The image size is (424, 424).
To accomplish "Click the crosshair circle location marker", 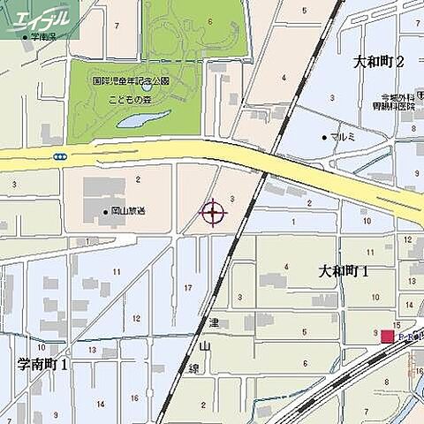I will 213,212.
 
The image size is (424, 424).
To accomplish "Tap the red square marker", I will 387,337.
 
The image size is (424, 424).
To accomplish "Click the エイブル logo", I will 40,17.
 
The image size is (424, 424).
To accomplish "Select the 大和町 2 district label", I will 378,62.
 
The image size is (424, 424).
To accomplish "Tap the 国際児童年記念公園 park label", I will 131,80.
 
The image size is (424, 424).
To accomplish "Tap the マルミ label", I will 341,139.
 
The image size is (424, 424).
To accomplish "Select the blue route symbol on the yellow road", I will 59,156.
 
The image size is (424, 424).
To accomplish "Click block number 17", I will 188,288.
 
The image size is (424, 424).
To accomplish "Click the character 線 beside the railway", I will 197,368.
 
